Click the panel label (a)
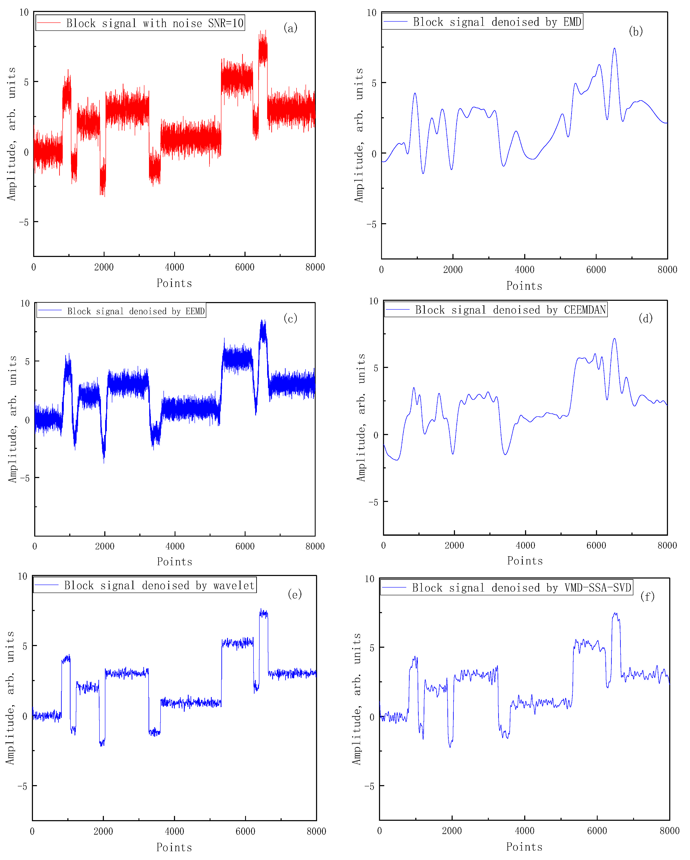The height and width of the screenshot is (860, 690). tap(290, 28)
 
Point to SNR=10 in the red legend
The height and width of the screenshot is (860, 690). tap(225, 23)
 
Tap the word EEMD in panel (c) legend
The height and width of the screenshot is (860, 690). tap(195, 311)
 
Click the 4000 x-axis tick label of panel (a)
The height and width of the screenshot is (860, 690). tap(174, 267)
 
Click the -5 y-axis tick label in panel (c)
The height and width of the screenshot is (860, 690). tap(25, 478)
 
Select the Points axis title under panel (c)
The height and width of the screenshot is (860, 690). tap(174, 562)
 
